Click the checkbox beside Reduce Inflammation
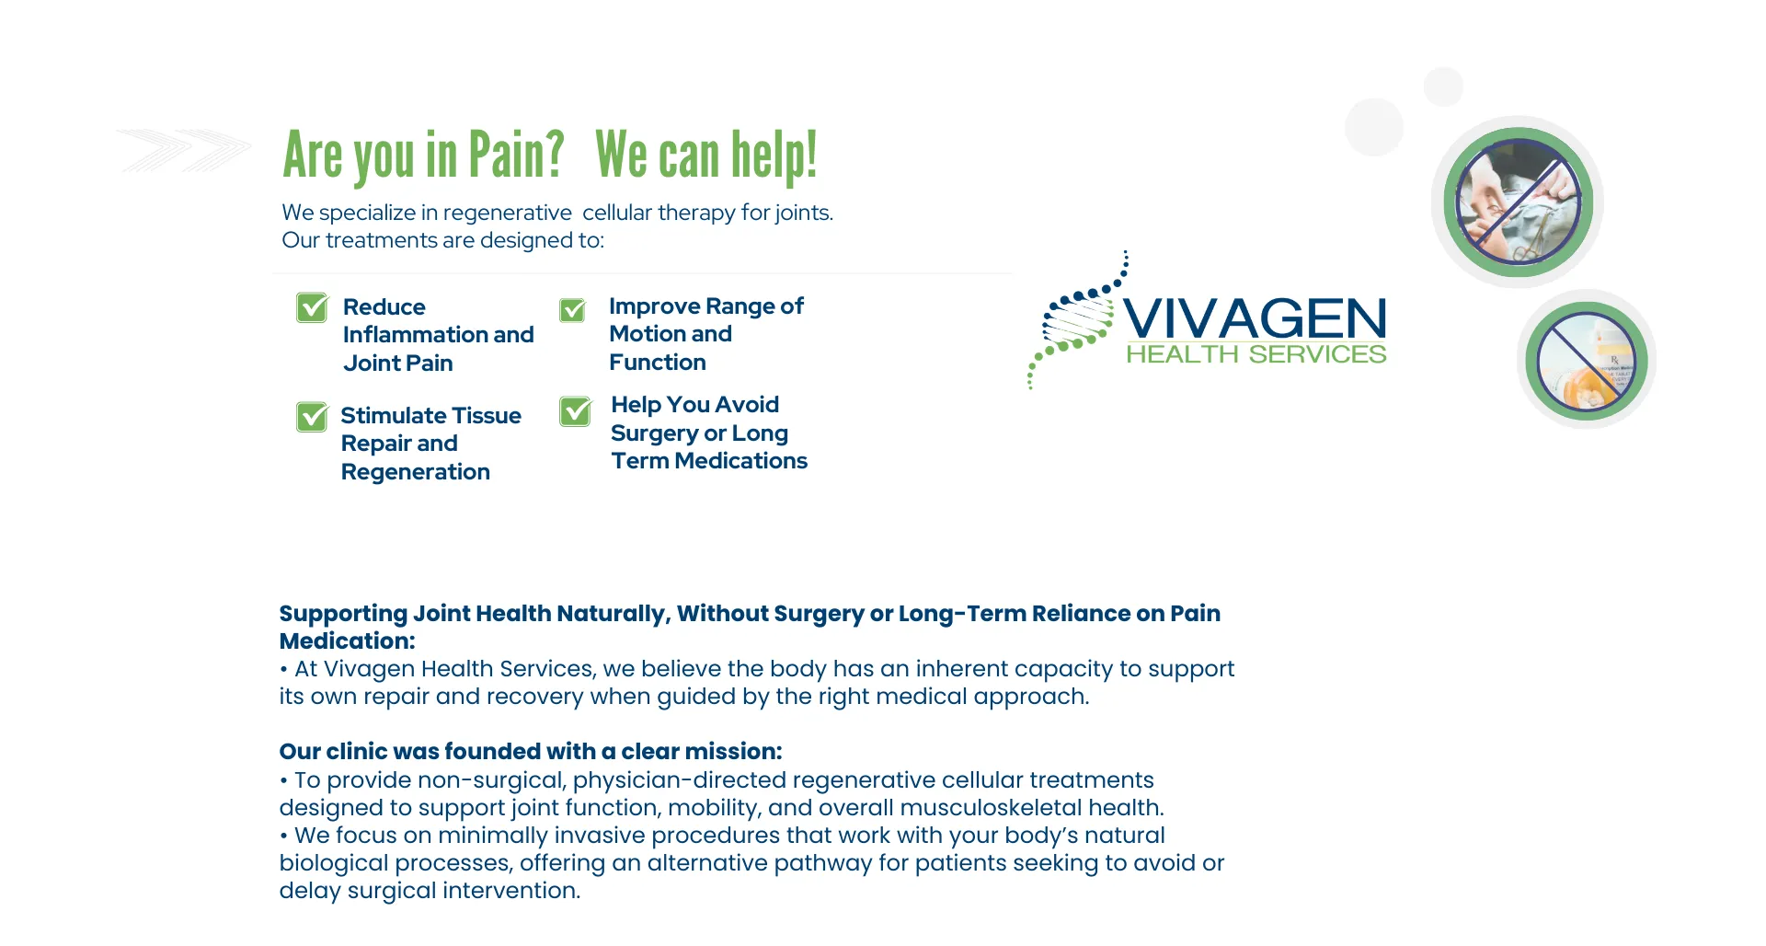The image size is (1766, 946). [312, 307]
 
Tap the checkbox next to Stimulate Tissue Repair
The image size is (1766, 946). [312, 417]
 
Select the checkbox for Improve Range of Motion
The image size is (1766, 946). [572, 310]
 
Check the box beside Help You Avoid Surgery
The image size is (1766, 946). [576, 411]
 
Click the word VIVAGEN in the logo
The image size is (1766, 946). [1255, 318]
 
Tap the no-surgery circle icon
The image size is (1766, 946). [1518, 202]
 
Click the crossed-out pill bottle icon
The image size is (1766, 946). [1587, 360]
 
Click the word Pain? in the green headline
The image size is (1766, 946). [516, 154]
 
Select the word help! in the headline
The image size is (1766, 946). [774, 155]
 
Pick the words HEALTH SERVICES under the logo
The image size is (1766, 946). [1256, 354]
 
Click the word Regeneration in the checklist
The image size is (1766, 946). [416, 472]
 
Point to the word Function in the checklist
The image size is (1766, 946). [658, 363]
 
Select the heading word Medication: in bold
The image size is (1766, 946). [348, 641]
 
